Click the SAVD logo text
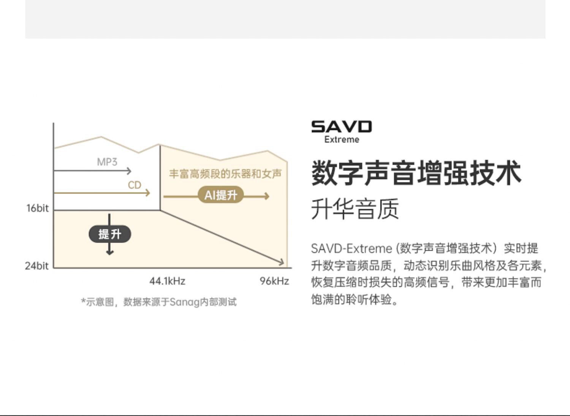click(341, 127)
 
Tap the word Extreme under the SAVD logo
click(342, 140)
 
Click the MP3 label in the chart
click(107, 162)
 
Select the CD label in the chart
click(135, 185)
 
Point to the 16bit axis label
click(37, 208)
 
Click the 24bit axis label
click(36, 266)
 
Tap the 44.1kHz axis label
click(167, 281)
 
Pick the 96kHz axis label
click(274, 281)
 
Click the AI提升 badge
click(221, 195)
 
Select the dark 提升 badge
click(110, 234)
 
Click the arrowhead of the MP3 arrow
click(129, 171)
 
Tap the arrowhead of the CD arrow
click(148, 193)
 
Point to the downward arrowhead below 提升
click(110, 252)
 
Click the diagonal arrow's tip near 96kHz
click(282, 262)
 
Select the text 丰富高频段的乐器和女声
click(225, 174)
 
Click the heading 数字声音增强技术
click(416, 173)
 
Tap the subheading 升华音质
click(355, 209)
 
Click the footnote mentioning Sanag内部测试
click(159, 302)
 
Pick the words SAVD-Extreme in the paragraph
click(351, 249)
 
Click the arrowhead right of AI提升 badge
click(267, 196)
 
